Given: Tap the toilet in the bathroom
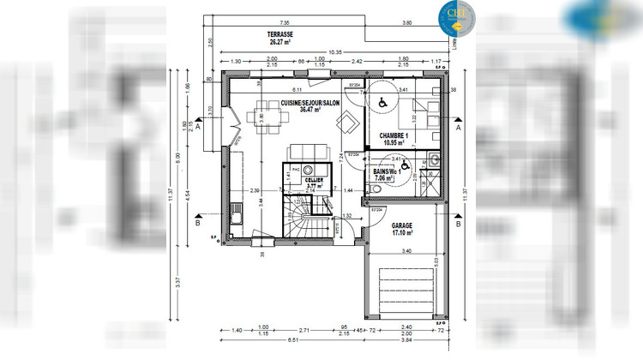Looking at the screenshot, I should (x=434, y=159).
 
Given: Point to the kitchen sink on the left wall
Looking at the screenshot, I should (x=236, y=207).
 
